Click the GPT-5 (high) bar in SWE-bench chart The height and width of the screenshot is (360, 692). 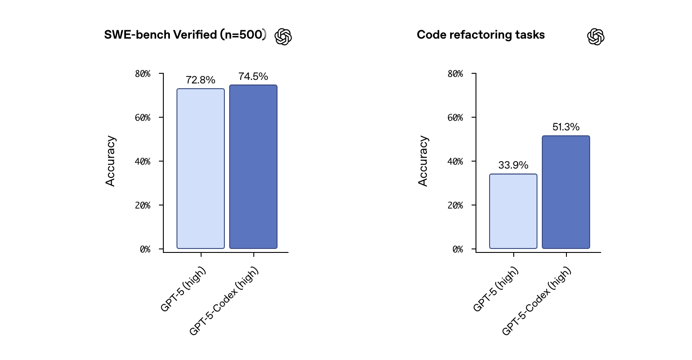pos(201,169)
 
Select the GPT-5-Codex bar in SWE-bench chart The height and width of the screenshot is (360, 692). pos(253,167)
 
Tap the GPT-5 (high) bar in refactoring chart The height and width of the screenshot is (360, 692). pos(513,211)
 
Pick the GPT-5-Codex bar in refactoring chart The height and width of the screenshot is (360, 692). pos(566,192)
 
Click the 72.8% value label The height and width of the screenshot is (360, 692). pos(201,80)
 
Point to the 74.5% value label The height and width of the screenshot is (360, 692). pos(253,76)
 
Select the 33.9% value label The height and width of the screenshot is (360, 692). pos(513,165)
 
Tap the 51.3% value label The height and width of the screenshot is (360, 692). pos(566,127)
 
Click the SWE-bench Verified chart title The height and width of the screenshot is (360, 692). pos(185,35)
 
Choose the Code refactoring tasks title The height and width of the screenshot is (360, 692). pos(481,35)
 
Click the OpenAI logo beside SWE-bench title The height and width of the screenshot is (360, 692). pos(283,37)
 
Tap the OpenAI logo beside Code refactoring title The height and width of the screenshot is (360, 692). pos(596,37)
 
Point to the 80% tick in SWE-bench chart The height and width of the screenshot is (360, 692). pos(143,74)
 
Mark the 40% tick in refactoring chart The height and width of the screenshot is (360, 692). pos(455,162)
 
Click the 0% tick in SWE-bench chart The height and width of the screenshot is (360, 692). pos(145,249)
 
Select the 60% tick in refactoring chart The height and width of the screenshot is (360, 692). pos(455,118)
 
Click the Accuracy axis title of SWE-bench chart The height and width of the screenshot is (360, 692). pos(110,161)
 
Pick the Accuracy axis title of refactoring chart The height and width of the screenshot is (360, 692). pos(423,161)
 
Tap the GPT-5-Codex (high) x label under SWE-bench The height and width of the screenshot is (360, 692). pos(224,301)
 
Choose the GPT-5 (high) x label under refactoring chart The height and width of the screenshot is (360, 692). pos(496,289)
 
